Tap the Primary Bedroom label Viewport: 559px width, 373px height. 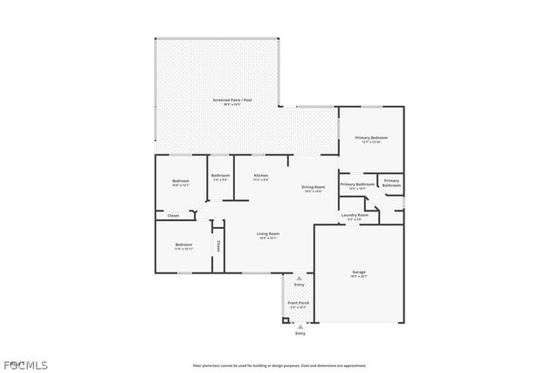tap(371, 138)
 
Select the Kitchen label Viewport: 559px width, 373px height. tap(260, 176)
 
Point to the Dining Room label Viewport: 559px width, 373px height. tap(314, 187)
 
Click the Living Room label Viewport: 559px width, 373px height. tap(267, 233)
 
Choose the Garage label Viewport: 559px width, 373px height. tap(358, 273)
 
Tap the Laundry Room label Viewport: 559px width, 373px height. tap(354, 215)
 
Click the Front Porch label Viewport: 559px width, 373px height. tap(299, 303)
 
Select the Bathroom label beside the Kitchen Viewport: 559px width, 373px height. tap(220, 176)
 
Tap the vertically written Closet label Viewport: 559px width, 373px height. tap(218, 246)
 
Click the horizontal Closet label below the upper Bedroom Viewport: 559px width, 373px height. tap(173, 215)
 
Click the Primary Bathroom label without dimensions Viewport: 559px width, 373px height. tap(391, 183)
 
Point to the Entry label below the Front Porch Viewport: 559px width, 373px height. tap(300, 333)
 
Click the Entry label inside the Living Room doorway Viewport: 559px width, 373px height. tap(299, 284)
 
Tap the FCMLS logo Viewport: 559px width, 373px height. tap(25, 364)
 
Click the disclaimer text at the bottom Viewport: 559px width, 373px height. tap(279, 365)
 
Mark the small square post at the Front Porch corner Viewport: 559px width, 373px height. tap(285, 319)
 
